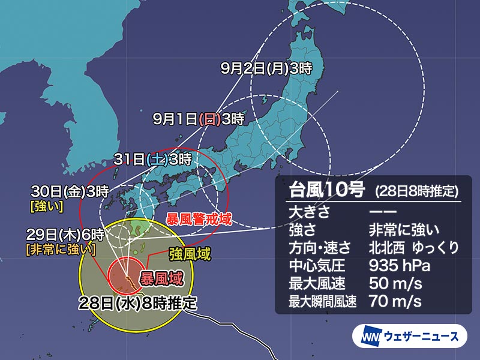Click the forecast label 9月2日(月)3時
click(266, 68)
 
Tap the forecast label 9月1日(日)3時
click(198, 119)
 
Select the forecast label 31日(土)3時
click(153, 160)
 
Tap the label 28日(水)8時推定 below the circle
click(137, 303)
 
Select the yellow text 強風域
click(189, 254)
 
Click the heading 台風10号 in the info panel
click(326, 191)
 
